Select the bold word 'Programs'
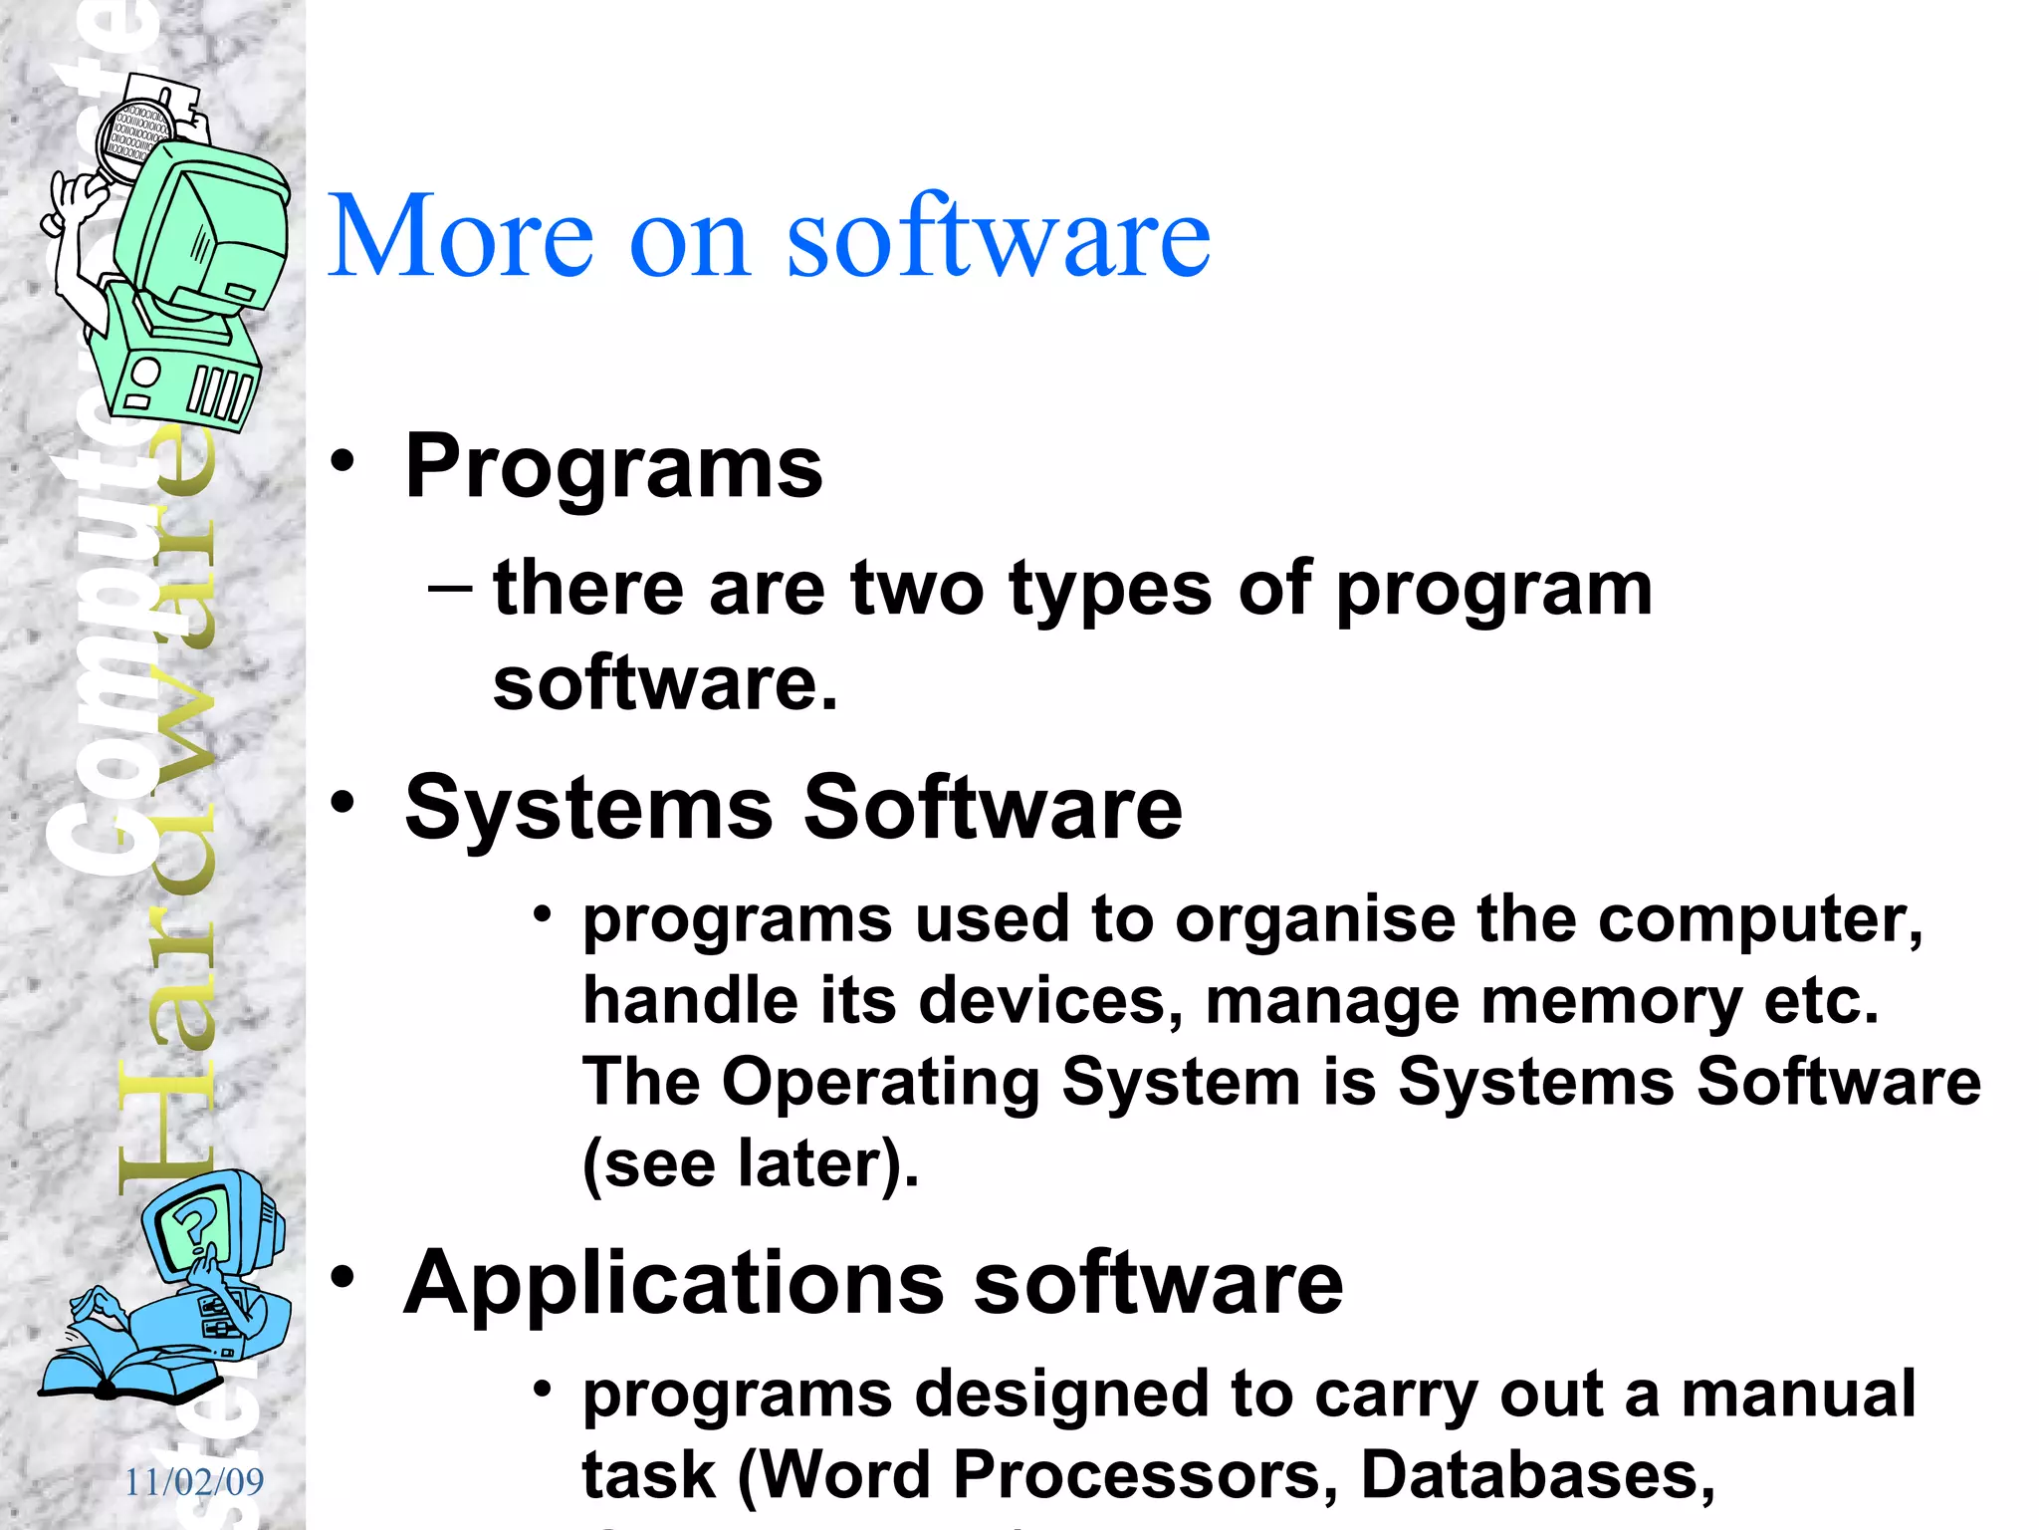pyautogui.click(x=613, y=468)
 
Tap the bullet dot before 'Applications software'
pyautogui.click(x=343, y=1277)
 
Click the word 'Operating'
pyautogui.click(x=881, y=1082)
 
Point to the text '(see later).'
pyautogui.click(x=750, y=1163)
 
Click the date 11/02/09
pyautogui.click(x=194, y=1482)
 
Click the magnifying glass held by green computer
pyautogui.click(x=133, y=139)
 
